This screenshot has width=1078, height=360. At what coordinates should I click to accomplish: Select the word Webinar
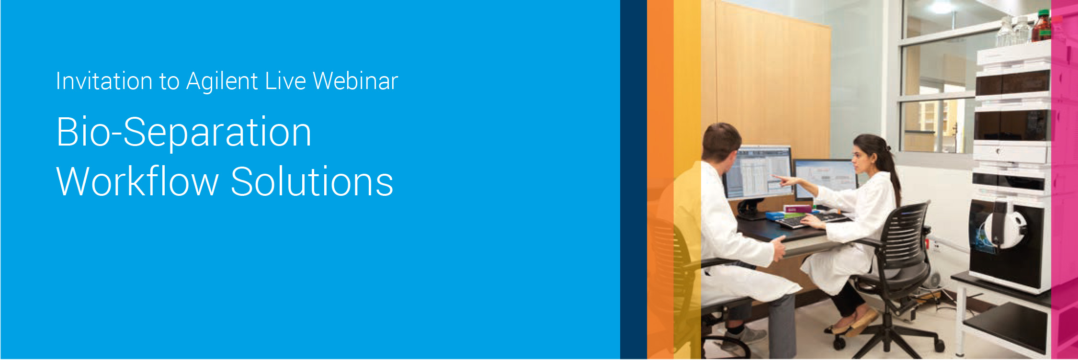click(355, 80)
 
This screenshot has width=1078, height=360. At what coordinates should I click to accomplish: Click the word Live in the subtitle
click(285, 80)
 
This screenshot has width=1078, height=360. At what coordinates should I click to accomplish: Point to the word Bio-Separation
click(184, 133)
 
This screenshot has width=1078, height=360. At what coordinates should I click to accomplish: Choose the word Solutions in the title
click(312, 181)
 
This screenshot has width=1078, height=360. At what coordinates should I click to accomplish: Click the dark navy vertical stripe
click(634, 180)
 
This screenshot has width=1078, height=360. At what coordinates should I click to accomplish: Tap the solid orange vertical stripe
click(660, 180)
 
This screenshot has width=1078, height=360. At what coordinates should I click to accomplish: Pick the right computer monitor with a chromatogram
click(826, 178)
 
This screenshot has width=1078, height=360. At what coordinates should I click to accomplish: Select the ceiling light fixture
click(941, 7)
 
